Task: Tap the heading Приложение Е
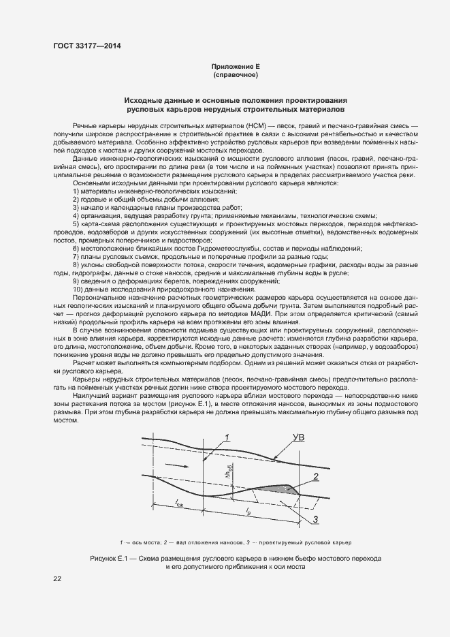(236, 66)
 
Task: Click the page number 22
(57, 578)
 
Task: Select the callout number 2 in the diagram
(315, 476)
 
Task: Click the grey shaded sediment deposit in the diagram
(276, 488)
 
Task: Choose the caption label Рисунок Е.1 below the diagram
(111, 558)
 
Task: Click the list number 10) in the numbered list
(77, 289)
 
